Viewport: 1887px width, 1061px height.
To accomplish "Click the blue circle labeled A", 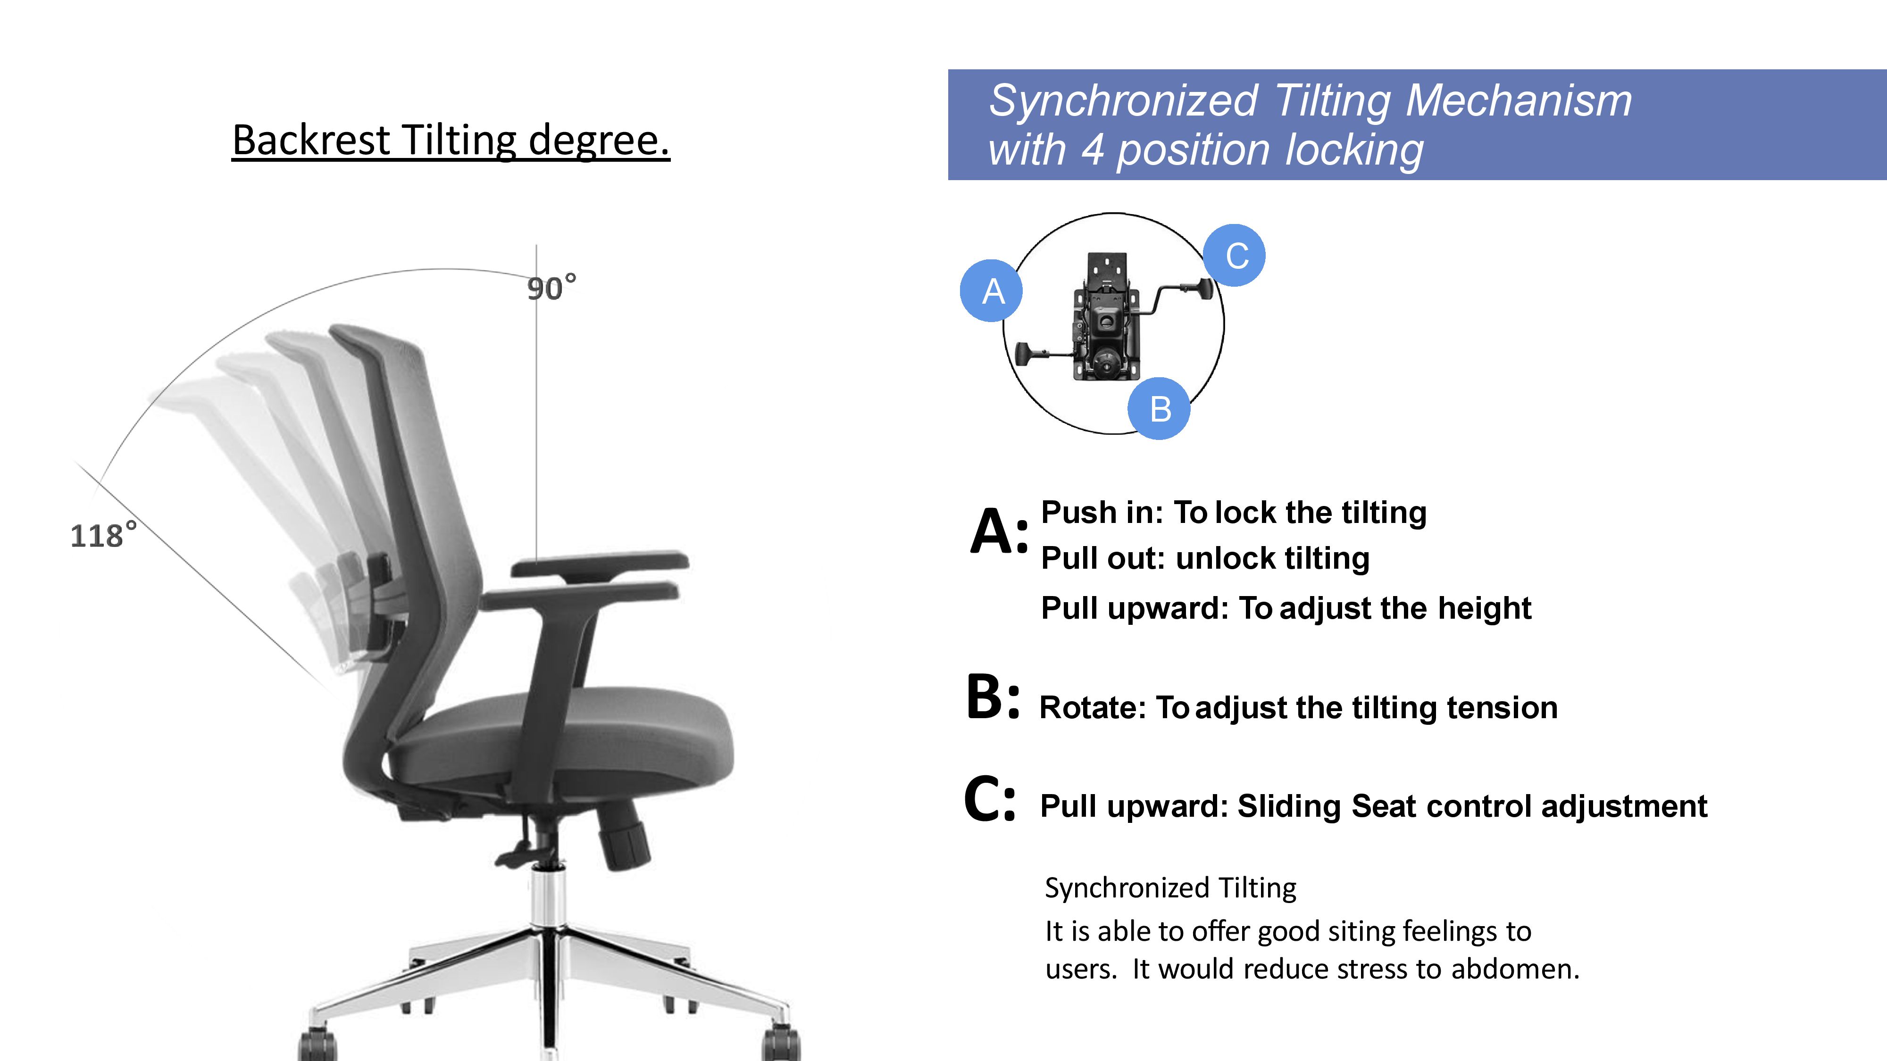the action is pyautogui.click(x=991, y=290).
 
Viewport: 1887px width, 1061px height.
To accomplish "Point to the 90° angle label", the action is pyautogui.click(x=551, y=288).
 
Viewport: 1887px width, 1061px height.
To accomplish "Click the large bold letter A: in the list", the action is pyautogui.click(x=998, y=530).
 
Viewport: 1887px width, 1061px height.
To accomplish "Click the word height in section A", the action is pyautogui.click(x=1484, y=608).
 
